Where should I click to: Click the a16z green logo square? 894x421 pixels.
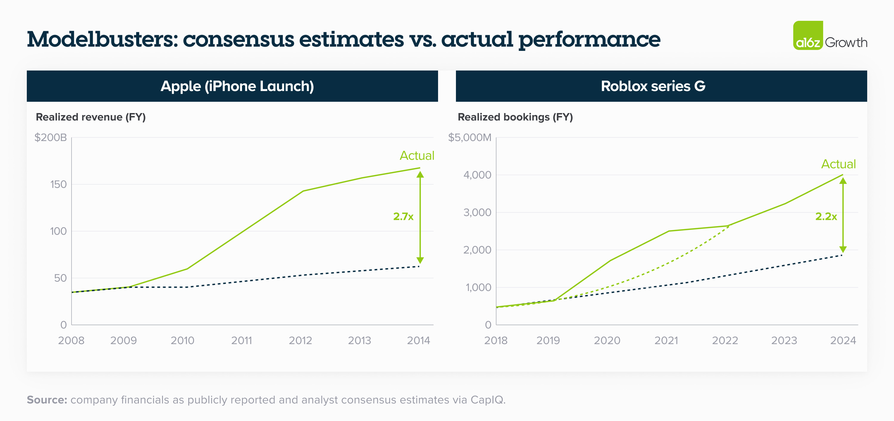(808, 35)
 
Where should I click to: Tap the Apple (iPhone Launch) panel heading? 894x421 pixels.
(237, 86)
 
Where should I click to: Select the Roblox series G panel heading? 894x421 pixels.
(653, 86)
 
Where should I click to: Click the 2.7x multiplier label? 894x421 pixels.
(403, 217)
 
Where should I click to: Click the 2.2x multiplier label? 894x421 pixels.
(826, 217)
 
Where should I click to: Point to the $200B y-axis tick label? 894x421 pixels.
(51, 137)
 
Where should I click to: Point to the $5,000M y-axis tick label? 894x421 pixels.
(470, 137)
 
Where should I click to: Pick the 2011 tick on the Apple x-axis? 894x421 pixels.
(242, 340)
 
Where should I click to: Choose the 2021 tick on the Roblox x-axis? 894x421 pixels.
(666, 340)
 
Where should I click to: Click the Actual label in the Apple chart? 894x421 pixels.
(417, 156)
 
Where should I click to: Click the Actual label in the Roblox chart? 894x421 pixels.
(838, 164)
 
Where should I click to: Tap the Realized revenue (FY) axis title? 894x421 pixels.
(91, 117)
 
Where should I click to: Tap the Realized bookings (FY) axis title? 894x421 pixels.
(515, 117)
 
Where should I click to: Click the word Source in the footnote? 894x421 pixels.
(47, 400)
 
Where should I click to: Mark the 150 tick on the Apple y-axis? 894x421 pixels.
(58, 184)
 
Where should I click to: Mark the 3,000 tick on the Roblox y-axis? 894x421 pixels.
(477, 212)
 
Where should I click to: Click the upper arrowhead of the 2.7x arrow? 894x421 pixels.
(420, 174)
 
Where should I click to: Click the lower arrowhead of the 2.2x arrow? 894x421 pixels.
(843, 250)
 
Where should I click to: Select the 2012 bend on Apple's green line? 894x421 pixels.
(303, 191)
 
